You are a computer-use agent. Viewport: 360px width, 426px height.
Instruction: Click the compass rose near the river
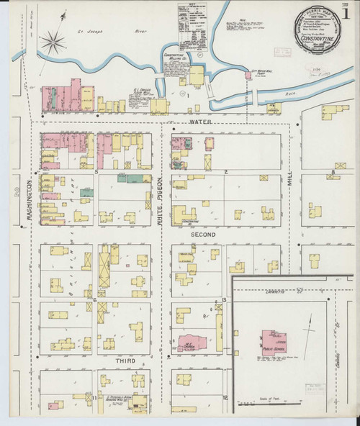pos(53,41)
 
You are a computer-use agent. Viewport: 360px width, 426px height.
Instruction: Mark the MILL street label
pos(292,189)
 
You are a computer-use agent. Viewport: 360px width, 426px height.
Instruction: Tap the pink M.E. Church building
pos(191,345)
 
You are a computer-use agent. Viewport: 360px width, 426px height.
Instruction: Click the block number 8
pos(333,172)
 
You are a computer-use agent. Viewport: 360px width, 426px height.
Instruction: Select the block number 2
pos(226,172)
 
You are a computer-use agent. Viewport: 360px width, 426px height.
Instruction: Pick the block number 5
pos(95,172)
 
